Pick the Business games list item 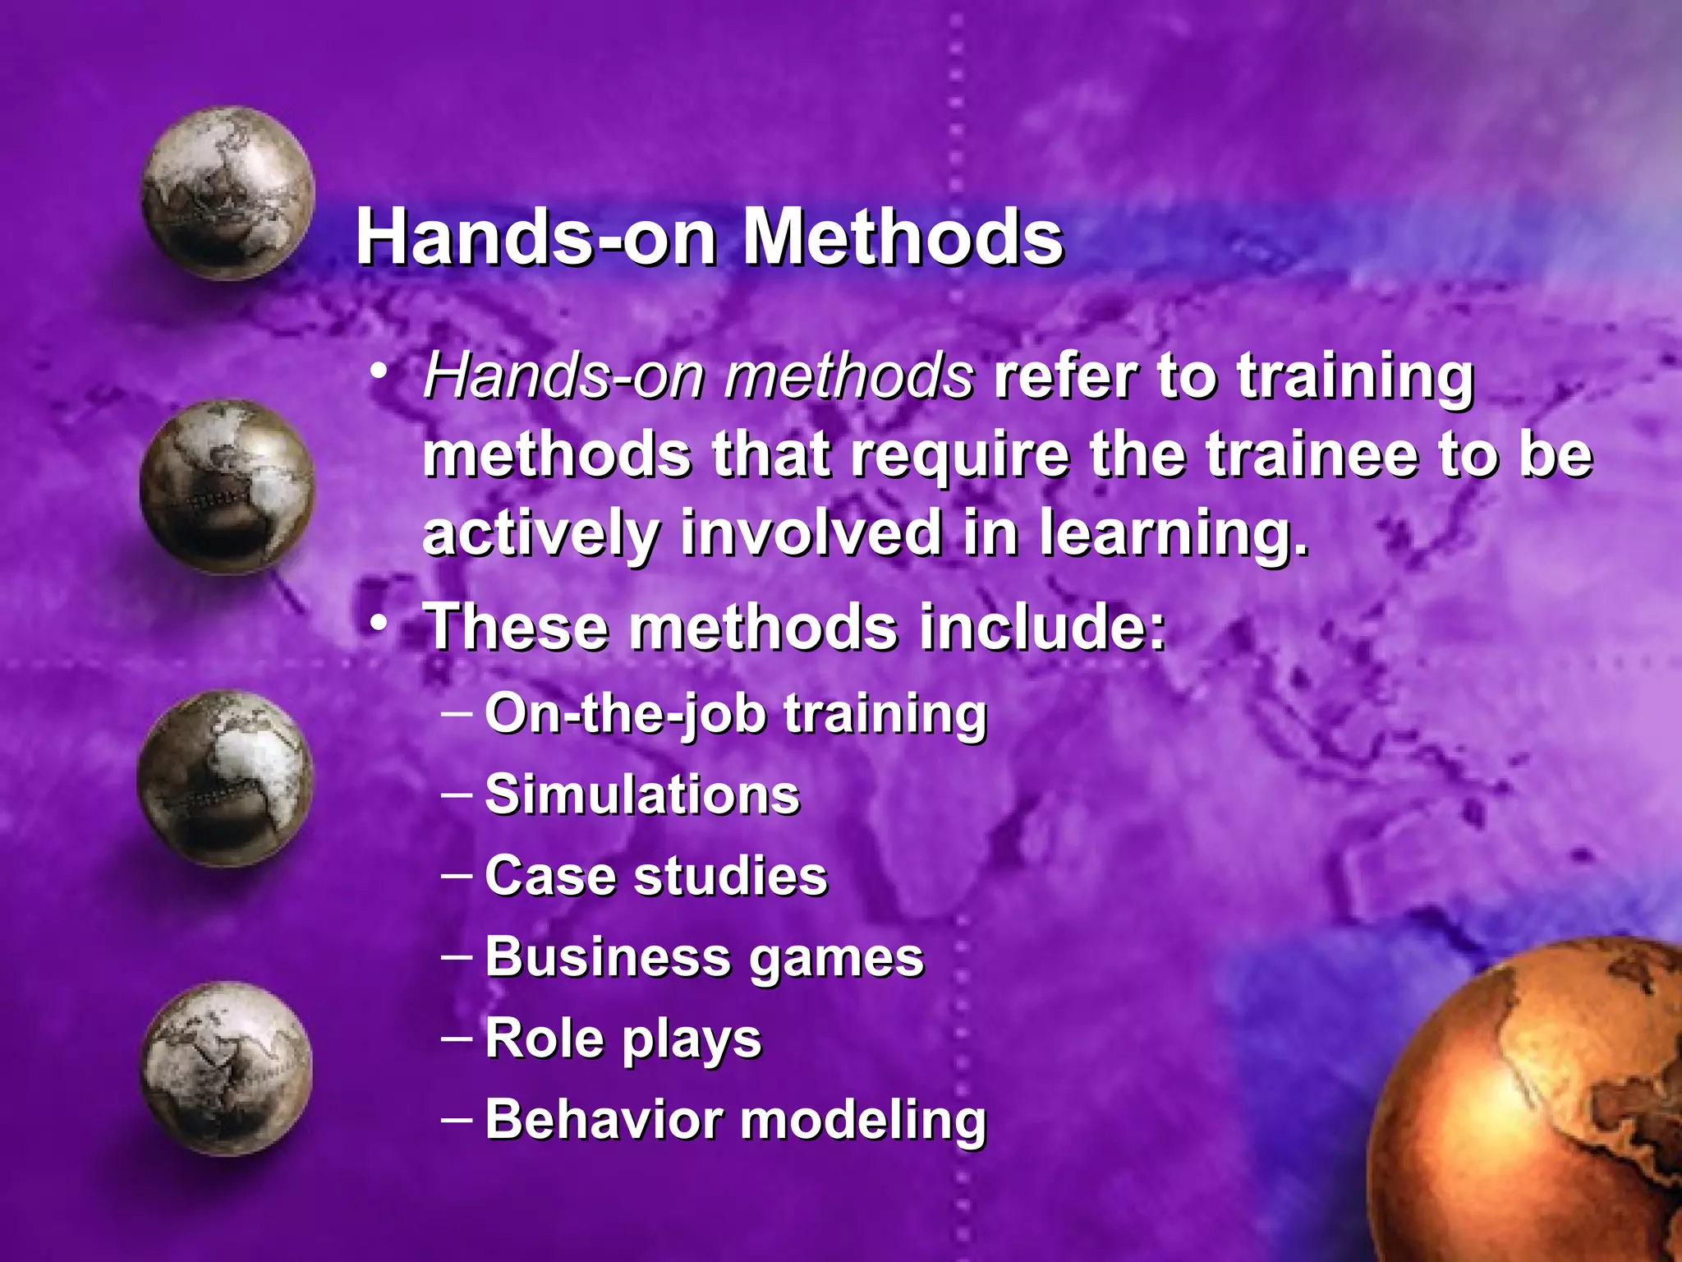704,958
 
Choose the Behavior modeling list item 735,1120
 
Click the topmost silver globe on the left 227,194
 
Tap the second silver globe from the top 227,486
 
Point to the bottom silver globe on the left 227,1068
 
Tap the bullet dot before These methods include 378,624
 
